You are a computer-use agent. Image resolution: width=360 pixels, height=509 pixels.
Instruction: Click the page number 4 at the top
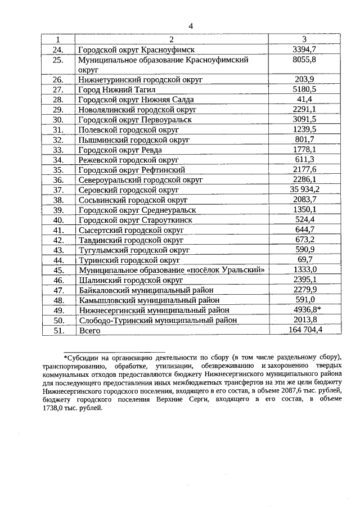pos(191,26)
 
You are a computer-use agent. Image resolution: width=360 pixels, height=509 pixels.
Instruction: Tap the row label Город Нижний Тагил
pos(113,89)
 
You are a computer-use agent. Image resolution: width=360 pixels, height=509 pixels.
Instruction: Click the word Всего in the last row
pos(89,331)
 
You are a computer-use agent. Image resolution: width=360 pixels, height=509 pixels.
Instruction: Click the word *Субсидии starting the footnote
pos(83,357)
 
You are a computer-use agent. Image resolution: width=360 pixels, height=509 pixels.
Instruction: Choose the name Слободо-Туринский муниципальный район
pos(158,320)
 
